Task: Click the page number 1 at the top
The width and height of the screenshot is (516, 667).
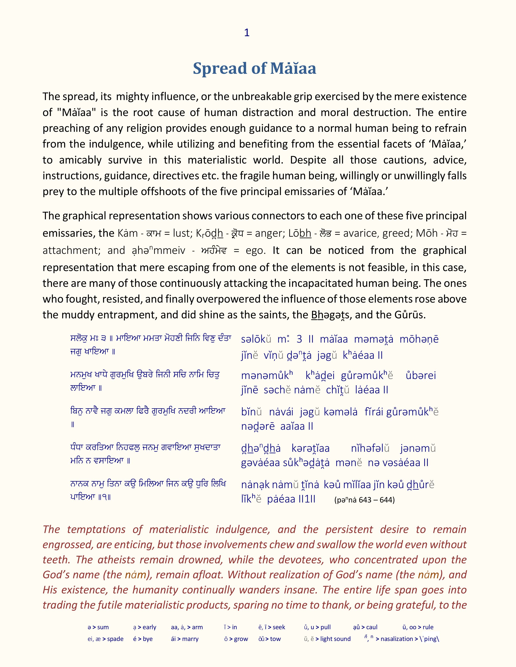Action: pos(247,33)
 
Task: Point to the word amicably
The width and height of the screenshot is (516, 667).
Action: pos(80,160)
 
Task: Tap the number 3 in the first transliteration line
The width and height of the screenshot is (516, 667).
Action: pos(299,339)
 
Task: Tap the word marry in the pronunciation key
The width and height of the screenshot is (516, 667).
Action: pos(190,639)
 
